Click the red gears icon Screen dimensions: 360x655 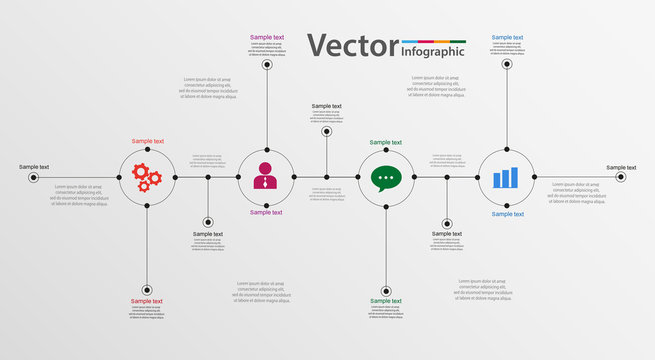tap(147, 177)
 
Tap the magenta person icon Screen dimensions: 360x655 tap(266, 176)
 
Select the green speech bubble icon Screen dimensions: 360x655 tap(386, 177)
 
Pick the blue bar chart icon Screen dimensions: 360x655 tap(506, 177)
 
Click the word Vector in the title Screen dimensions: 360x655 tap(351, 45)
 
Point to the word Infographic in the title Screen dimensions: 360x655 tap(432, 51)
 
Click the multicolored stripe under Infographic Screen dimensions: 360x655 tap(432, 41)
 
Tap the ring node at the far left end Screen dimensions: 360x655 tap(33, 177)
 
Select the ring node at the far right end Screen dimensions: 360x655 tap(620, 177)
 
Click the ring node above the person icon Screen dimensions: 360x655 tap(267, 64)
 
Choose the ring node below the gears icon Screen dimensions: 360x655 tap(147, 289)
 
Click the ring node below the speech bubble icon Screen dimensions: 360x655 tap(386, 289)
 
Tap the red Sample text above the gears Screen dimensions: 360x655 tap(147, 142)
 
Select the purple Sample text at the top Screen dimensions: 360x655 tap(267, 37)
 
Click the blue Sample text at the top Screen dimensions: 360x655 tap(507, 37)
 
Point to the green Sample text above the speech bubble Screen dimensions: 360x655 tap(386, 142)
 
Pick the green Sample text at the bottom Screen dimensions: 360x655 tap(386, 301)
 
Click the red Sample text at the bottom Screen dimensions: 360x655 tap(147, 301)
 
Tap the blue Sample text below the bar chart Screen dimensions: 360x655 tap(507, 213)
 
